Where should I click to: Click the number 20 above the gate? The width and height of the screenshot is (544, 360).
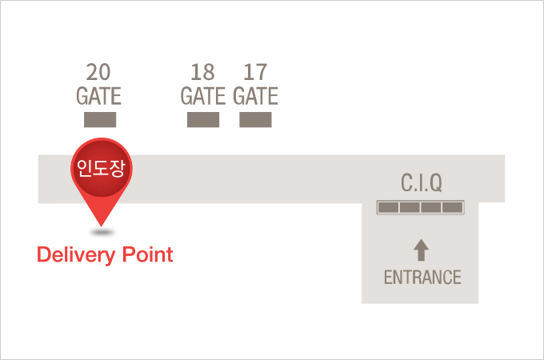pyautogui.click(x=98, y=72)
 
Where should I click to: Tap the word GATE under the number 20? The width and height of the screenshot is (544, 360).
pyautogui.click(x=98, y=97)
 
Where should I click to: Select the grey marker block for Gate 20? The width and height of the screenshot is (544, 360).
pyautogui.click(x=100, y=120)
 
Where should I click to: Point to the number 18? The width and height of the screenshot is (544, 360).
pyautogui.click(x=203, y=72)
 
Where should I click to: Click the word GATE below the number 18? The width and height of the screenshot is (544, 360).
pyautogui.click(x=203, y=97)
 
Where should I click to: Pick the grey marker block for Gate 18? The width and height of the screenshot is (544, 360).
pyautogui.click(x=203, y=120)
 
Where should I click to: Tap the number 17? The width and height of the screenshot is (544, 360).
pyautogui.click(x=255, y=72)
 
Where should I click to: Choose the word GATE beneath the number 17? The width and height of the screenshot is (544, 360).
pyautogui.click(x=255, y=97)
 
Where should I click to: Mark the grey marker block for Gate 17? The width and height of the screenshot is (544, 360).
pyautogui.click(x=255, y=120)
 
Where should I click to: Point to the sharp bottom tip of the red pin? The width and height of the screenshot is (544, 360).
pyautogui.click(x=102, y=225)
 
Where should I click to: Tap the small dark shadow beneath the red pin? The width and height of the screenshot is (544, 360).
pyautogui.click(x=102, y=233)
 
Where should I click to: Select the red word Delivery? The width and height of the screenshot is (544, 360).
pyautogui.click(x=74, y=255)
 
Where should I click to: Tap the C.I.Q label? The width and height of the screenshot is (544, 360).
pyautogui.click(x=421, y=184)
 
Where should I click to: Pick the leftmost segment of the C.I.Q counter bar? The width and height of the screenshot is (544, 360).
pyautogui.click(x=388, y=207)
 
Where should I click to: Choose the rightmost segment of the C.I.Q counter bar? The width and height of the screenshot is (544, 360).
pyautogui.click(x=453, y=207)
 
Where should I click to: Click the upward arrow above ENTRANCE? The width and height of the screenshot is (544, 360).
pyautogui.click(x=421, y=250)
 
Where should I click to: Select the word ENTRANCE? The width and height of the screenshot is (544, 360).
pyautogui.click(x=422, y=278)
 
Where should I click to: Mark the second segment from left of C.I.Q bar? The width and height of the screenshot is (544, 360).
pyautogui.click(x=410, y=207)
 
